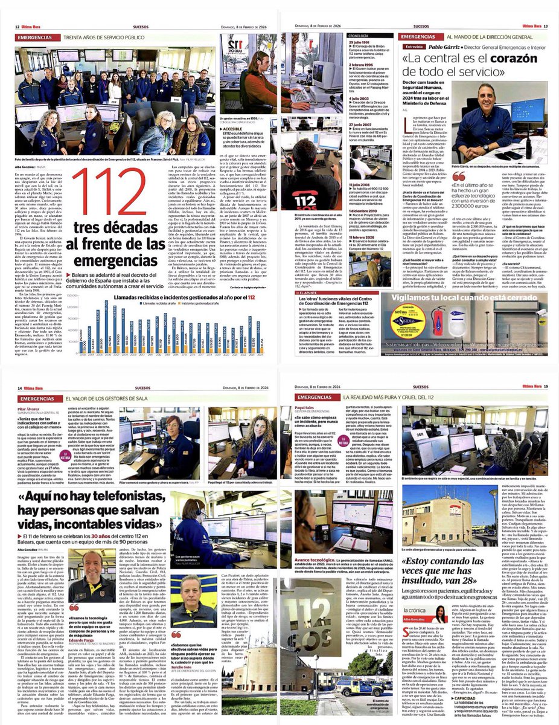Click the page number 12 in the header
9,27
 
